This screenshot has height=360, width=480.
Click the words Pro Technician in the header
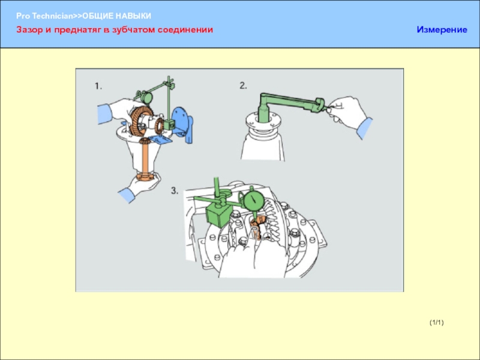pos(44,16)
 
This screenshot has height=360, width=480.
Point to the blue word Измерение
pos(442,29)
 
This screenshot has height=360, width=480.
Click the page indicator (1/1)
pos(437,322)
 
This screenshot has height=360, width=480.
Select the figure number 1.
pos(98,86)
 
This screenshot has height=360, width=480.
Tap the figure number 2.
pos(243,86)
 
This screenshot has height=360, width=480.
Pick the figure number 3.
pos(175,191)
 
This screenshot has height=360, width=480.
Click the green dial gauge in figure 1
pos(146,97)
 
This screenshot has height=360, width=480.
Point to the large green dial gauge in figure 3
pos(254,200)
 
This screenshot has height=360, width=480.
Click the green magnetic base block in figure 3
pos(218,216)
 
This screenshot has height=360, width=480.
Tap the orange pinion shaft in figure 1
pos(145,159)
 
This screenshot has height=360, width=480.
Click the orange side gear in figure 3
pos(257,227)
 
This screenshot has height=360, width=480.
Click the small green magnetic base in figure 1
pos(169,124)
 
